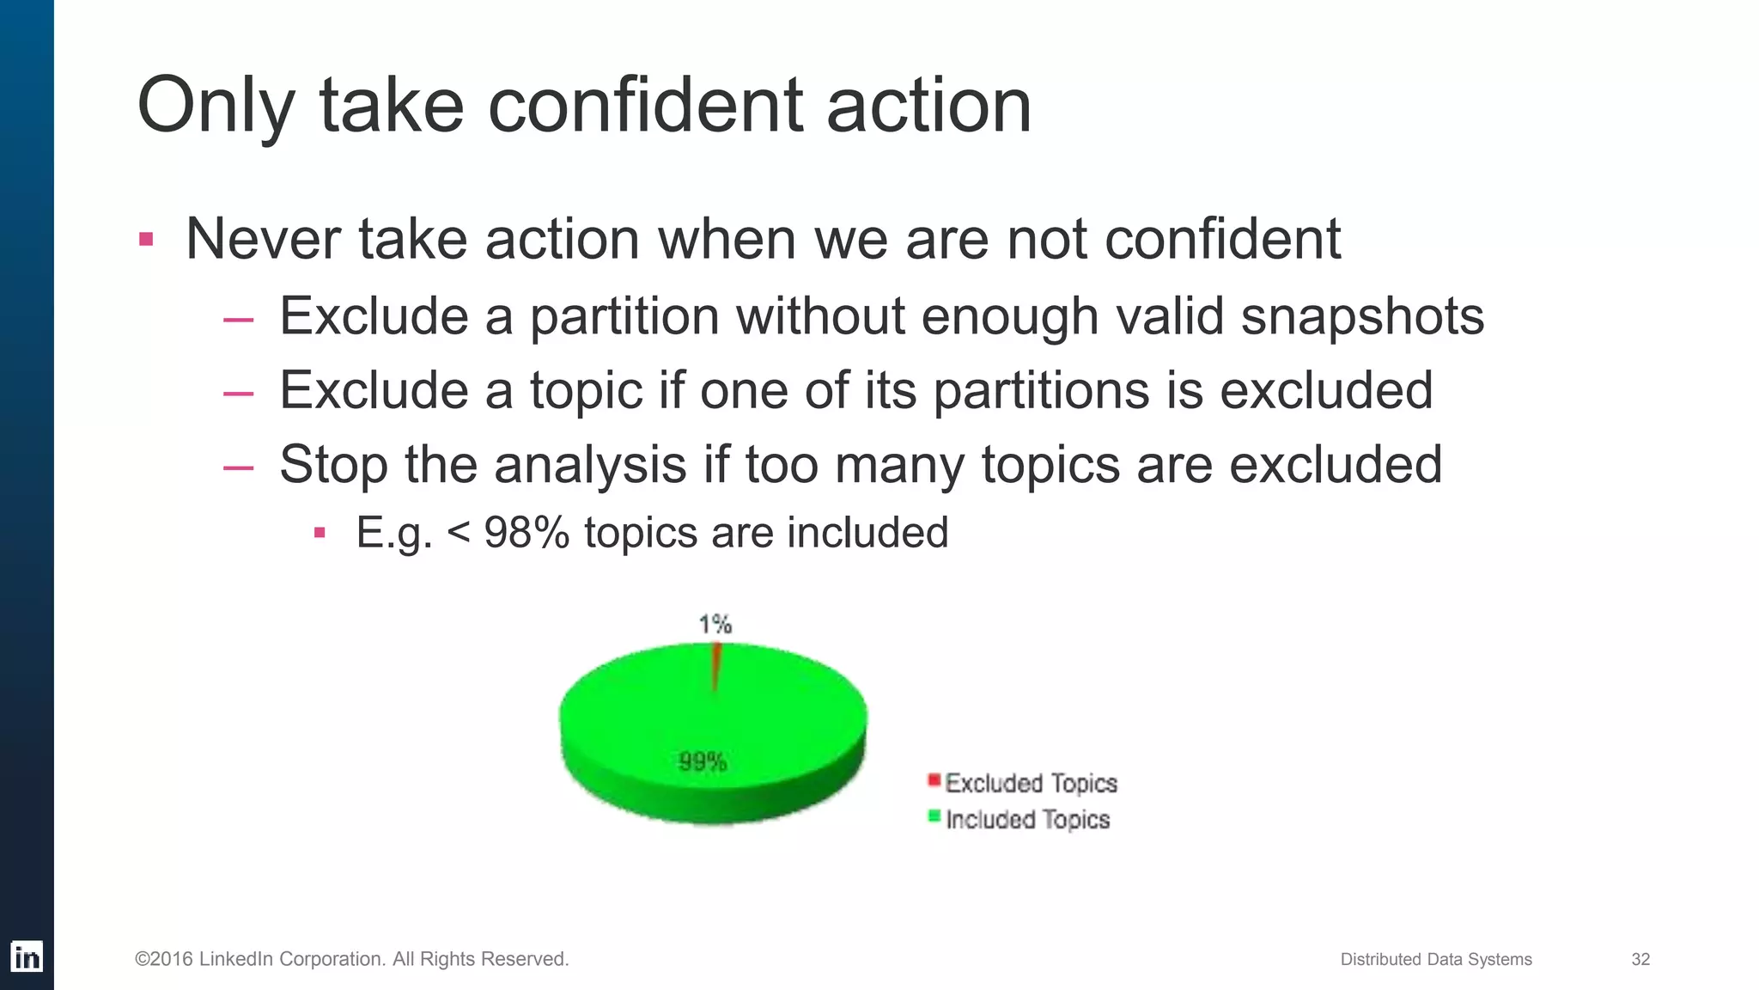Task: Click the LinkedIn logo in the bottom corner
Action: [x=27, y=956]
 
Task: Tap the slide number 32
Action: [x=1640, y=959]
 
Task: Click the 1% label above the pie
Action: [x=715, y=624]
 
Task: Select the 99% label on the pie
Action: [x=703, y=761]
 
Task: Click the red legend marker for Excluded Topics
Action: [x=934, y=780]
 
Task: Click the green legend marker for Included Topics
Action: [x=934, y=816]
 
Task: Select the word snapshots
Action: [x=1362, y=316]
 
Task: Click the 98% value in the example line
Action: [x=526, y=532]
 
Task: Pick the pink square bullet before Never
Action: [x=146, y=239]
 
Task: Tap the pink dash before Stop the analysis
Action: [x=238, y=468]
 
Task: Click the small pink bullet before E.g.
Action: [x=320, y=533]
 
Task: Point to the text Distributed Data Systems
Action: [x=1435, y=959]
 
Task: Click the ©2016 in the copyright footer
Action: [x=163, y=959]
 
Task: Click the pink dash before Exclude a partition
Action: [x=238, y=320]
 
